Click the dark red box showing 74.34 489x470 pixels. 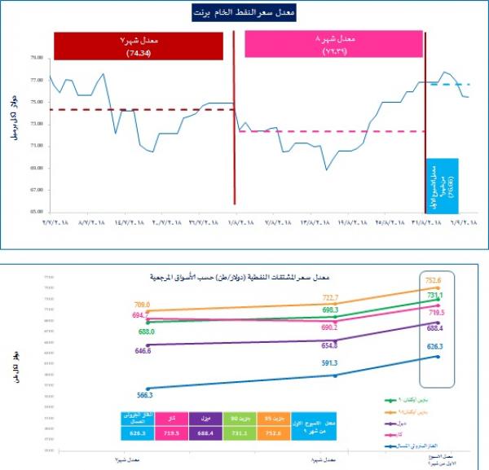pyautogui.click(x=143, y=46)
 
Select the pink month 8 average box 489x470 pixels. pyautogui.click(x=334, y=46)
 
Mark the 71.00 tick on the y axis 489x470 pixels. pyautogui.click(x=36, y=146)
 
